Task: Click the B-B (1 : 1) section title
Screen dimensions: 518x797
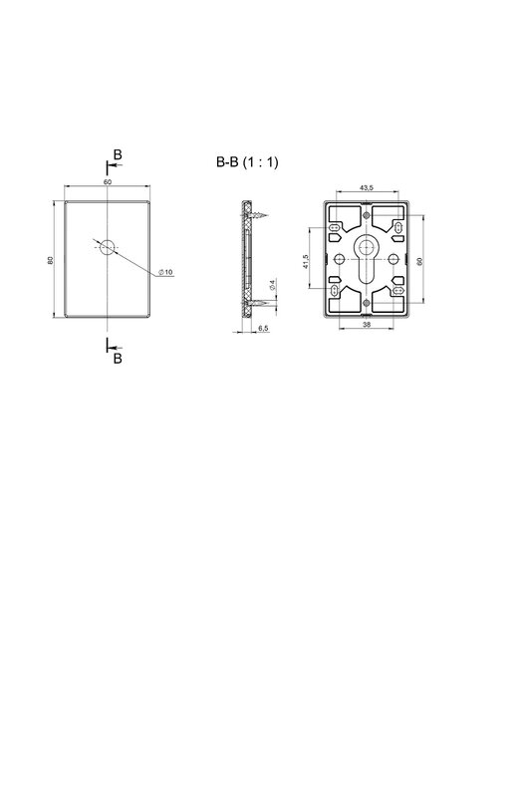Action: (x=247, y=162)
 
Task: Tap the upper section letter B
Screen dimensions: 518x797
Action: (x=118, y=154)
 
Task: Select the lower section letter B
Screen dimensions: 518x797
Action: (x=118, y=359)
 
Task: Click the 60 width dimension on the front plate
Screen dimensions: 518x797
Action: (x=108, y=182)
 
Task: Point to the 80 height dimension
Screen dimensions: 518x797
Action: (x=50, y=260)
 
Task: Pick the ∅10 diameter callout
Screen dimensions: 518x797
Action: (x=165, y=272)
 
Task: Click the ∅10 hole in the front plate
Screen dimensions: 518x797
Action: (x=107, y=247)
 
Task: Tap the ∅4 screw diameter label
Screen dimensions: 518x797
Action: (x=272, y=285)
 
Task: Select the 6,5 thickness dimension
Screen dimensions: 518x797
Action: (x=263, y=329)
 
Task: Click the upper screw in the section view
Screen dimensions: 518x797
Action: (x=257, y=216)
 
